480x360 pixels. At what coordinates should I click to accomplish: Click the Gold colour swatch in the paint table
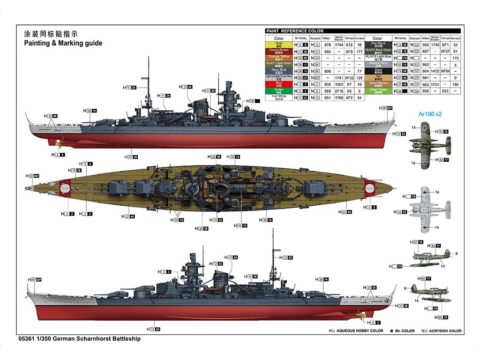(x=279, y=45)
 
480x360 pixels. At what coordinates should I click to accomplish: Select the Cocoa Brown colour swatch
(x=279, y=51)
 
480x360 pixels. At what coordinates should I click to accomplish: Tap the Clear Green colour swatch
(x=378, y=90)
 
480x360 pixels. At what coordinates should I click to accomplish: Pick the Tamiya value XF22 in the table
(x=349, y=77)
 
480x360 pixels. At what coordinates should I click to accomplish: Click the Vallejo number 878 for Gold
(x=328, y=45)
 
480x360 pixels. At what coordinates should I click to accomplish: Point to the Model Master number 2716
(x=339, y=91)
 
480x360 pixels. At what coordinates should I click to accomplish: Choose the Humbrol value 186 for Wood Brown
(x=455, y=84)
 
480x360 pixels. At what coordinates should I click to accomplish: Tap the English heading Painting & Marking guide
(x=63, y=43)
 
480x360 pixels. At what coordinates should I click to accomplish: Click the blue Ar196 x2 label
(x=430, y=114)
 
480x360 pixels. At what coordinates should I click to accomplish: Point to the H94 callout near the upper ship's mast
(x=253, y=101)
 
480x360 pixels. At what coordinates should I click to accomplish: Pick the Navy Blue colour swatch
(x=279, y=71)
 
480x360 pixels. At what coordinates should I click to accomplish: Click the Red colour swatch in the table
(x=279, y=84)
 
